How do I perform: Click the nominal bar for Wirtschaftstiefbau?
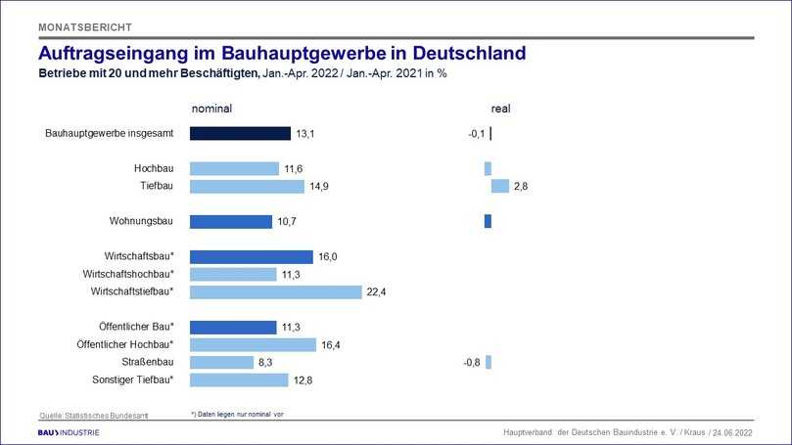pyautogui.click(x=275, y=291)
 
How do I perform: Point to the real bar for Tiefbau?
pyautogui.click(x=499, y=186)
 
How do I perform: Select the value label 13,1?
pyautogui.click(x=307, y=134)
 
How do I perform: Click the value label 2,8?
pyautogui.click(x=521, y=186)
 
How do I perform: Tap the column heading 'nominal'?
pyautogui.click(x=210, y=108)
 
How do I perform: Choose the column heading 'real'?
pyautogui.click(x=500, y=108)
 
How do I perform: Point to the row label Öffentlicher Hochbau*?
pyautogui.click(x=124, y=344)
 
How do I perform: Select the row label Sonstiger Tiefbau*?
pyautogui.click(x=131, y=379)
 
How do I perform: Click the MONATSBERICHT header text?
pyautogui.click(x=84, y=26)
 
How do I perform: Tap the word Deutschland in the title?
pyautogui.click(x=460, y=52)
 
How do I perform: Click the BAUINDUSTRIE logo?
pyautogui.click(x=69, y=432)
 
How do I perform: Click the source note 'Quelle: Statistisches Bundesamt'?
pyautogui.click(x=94, y=416)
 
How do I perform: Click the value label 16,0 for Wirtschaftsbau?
pyautogui.click(x=329, y=257)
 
